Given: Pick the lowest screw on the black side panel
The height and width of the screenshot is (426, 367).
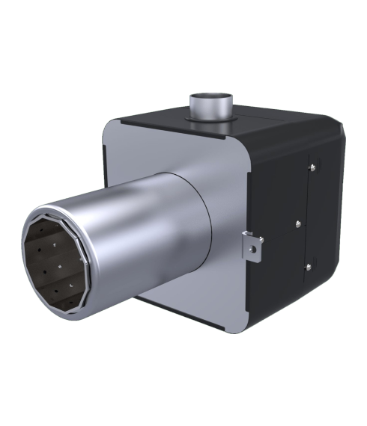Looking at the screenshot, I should pyautogui.click(x=308, y=267).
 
